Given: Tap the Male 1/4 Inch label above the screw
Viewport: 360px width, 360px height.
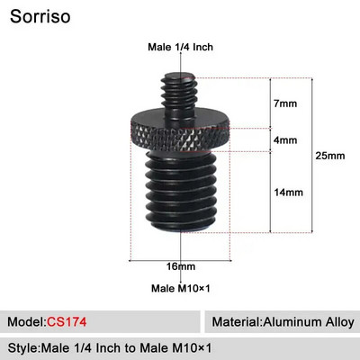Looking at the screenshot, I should [x=180, y=48].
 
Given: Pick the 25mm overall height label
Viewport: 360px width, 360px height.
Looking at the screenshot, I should [x=332, y=156].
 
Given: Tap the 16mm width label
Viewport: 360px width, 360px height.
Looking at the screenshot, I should [x=181, y=267].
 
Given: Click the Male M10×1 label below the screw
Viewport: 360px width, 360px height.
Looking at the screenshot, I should [x=181, y=288].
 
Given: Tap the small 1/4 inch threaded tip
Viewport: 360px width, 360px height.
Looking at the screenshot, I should [x=181, y=85].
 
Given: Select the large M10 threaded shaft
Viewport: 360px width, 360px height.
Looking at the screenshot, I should [x=180, y=198].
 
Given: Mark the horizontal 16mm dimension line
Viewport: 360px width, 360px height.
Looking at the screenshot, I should [x=181, y=260].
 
